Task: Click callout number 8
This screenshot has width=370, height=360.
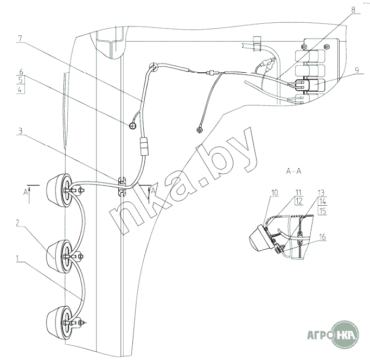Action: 353,10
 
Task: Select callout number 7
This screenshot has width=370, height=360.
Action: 20,39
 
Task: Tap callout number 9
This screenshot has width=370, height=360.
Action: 357,70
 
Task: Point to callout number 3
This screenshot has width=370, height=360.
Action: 20,131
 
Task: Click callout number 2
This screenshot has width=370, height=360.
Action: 18,223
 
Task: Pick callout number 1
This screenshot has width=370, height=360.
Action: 17,258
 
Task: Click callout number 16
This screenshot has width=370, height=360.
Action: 322,237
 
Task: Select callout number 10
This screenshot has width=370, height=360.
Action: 275,193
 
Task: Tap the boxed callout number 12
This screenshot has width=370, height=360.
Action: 299,201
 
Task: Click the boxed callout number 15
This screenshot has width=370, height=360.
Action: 323,211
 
